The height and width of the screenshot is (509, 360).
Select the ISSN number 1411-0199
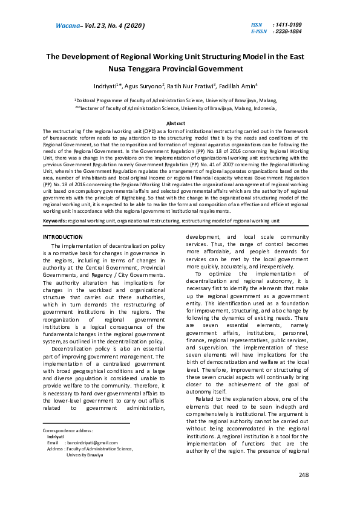point(287,25)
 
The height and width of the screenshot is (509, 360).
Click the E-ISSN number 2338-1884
point(287,31)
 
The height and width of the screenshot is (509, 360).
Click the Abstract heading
point(180,123)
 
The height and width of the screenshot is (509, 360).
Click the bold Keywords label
point(54,221)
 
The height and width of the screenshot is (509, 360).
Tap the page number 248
point(304,475)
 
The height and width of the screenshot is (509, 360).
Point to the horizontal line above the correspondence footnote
point(87,423)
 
